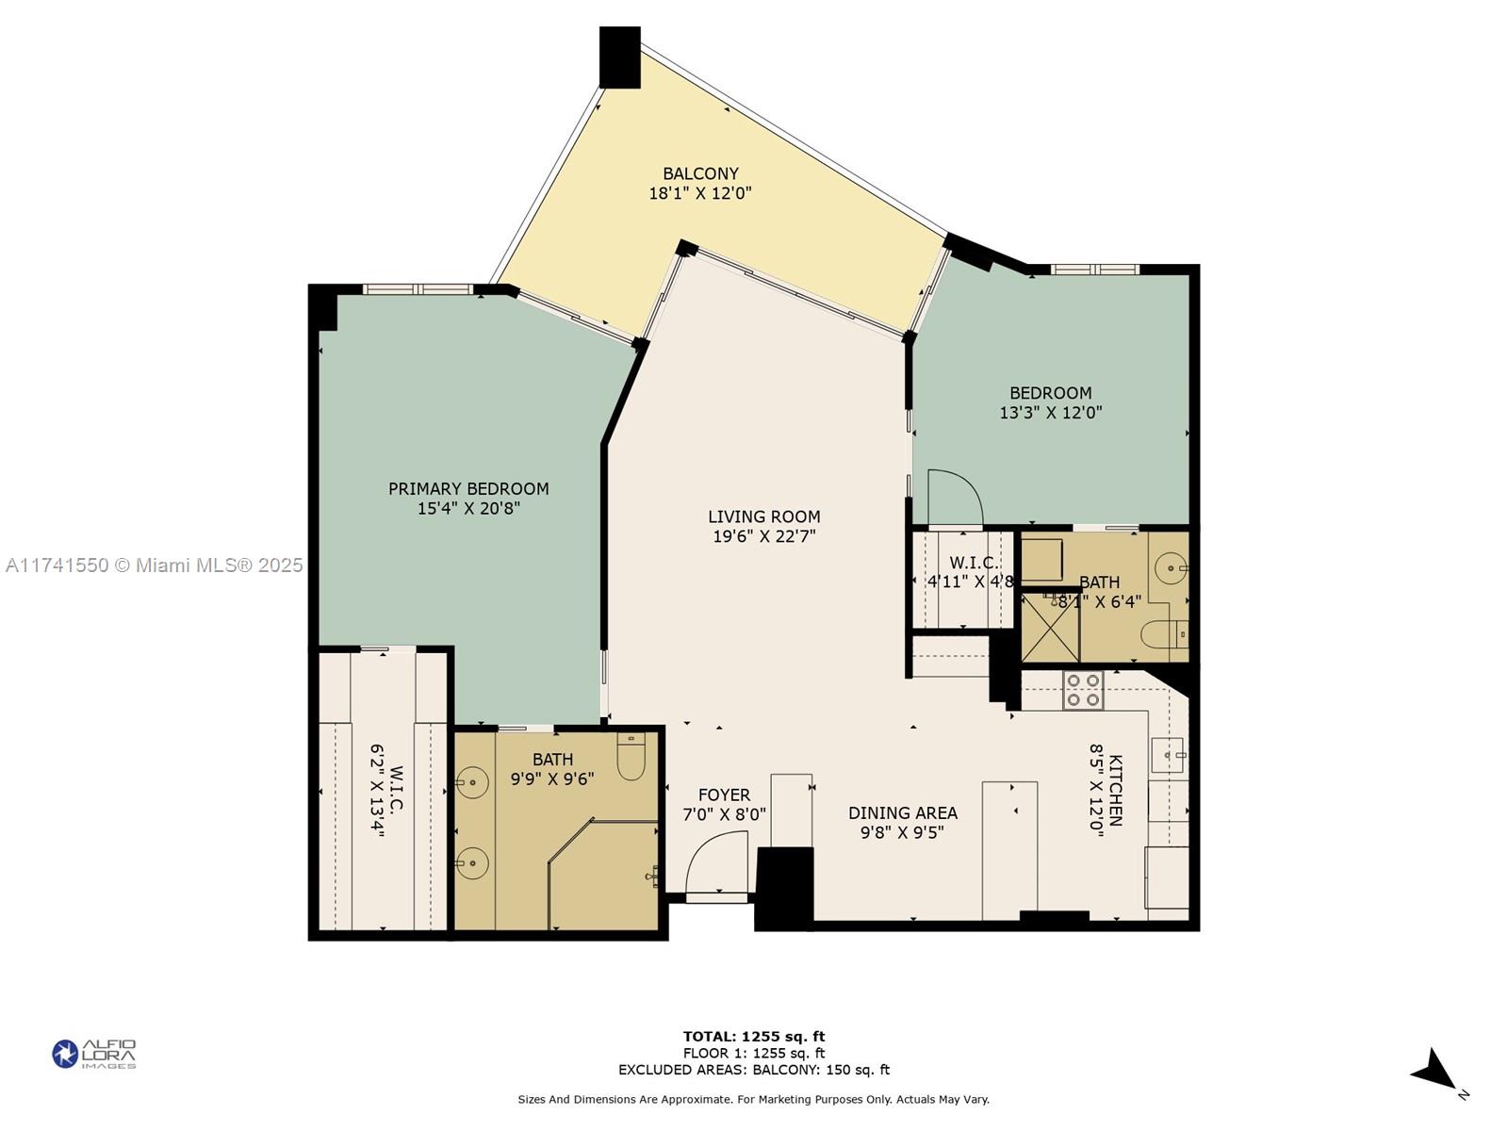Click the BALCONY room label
700,173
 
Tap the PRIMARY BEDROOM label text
468,489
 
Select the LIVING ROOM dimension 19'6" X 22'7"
764,536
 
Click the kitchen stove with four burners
1083,690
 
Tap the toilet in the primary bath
631,755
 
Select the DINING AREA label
903,813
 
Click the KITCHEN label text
1116,791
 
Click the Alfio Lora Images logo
94,1054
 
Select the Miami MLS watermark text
154,565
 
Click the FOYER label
724,795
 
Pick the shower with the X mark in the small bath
1051,628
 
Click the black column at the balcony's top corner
619,57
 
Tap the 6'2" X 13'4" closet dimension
376,791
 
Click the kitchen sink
1167,755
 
